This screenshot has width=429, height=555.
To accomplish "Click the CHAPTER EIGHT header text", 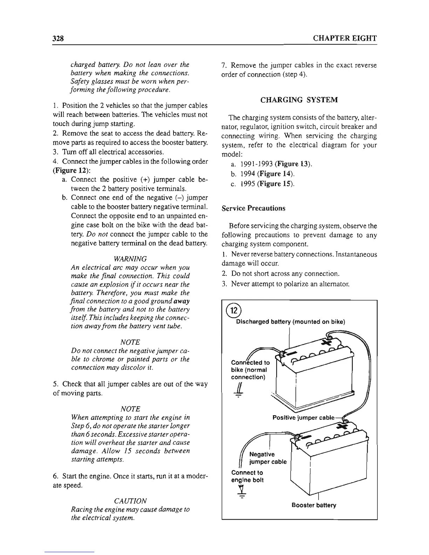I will coord(345,38).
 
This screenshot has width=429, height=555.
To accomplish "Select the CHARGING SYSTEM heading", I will coord(299,100).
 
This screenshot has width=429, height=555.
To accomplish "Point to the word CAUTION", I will coord(130,501).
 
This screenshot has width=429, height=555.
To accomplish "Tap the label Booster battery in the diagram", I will coord(314,505).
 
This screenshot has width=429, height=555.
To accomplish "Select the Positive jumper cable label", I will coord(304,418).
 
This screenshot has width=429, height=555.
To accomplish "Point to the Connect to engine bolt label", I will coord(247,476).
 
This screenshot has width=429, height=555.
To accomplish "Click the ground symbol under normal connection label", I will coord(238,392).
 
